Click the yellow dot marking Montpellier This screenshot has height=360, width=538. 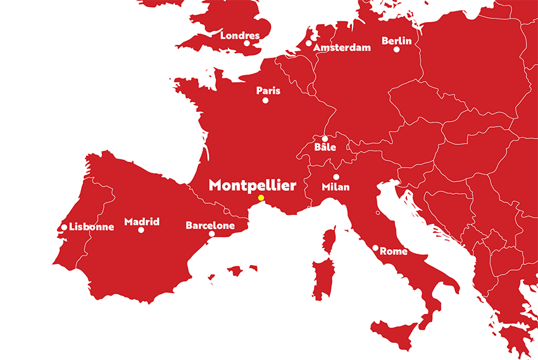261,198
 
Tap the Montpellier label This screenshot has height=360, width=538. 253,185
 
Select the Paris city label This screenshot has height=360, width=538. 268,91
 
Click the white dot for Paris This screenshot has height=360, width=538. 265,100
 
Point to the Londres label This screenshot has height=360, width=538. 240,35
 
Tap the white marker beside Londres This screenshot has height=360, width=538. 247,43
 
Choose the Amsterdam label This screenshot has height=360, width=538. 342,48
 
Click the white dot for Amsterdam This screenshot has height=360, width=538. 308,44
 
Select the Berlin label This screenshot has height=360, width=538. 397,41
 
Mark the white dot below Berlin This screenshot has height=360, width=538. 397,49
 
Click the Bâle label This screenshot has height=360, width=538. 325,147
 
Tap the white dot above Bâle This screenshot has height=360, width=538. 325,139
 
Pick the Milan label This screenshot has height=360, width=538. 335,187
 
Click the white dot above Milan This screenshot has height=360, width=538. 336,177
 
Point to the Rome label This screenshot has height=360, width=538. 394,251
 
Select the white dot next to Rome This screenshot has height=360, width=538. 375,248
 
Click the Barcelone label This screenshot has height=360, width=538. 210,225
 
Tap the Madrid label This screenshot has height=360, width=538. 142,221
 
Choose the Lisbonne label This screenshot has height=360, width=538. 92,227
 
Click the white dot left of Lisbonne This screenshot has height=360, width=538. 64,227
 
